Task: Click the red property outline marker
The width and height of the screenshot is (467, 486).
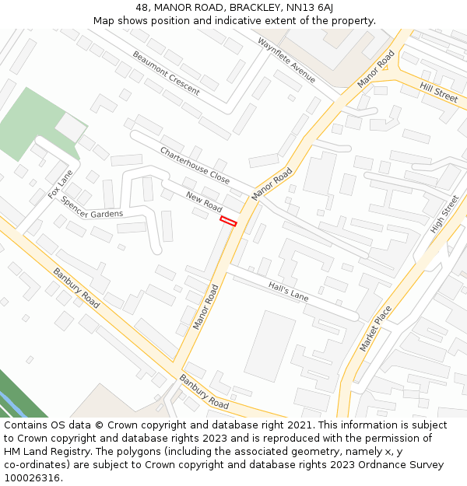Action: click(x=228, y=222)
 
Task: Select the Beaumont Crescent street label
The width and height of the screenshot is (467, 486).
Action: click(x=166, y=72)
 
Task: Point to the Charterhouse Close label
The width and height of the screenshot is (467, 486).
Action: click(x=195, y=165)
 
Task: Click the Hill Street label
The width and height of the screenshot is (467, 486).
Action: click(x=439, y=92)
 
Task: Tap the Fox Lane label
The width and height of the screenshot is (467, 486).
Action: click(x=60, y=184)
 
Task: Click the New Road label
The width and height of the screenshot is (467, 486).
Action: click(x=204, y=203)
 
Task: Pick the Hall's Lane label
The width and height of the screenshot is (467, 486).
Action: click(x=288, y=292)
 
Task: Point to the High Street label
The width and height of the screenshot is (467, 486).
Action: click(x=444, y=214)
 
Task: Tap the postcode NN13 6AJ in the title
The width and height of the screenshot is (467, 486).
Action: click(x=310, y=7)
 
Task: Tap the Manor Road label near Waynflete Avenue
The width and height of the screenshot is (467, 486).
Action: click(x=377, y=70)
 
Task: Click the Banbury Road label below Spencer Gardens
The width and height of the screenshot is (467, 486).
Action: click(x=76, y=288)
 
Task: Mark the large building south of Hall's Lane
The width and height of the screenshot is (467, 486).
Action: click(x=269, y=346)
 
